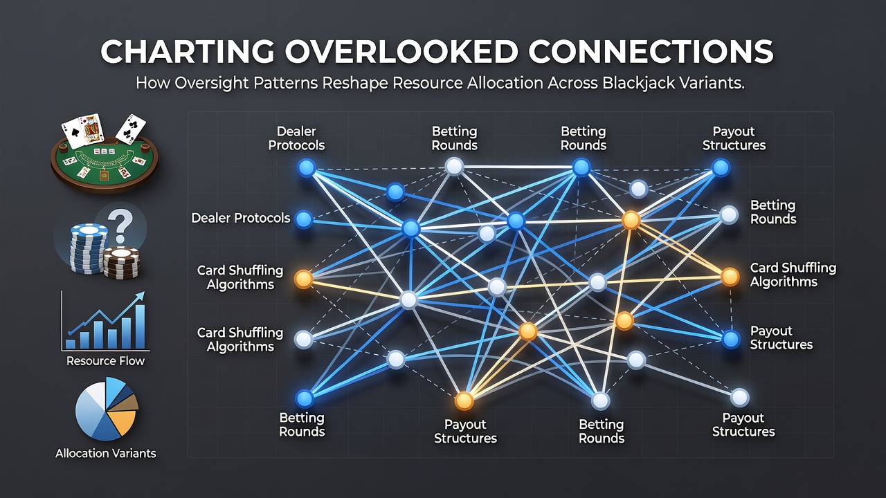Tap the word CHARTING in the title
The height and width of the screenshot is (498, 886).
187,52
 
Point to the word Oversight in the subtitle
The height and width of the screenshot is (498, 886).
206,84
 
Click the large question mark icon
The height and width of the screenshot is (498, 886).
120,225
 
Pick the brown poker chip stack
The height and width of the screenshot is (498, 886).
121,262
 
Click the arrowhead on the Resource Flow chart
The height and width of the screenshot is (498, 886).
140,297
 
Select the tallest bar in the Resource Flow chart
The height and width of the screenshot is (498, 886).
140,326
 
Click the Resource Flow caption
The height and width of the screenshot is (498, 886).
105,361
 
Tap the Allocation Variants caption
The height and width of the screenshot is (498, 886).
106,453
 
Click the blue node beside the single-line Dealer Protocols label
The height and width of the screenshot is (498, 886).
304,219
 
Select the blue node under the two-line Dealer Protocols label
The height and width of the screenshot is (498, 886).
307,167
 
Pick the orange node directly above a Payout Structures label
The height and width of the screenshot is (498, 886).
464,400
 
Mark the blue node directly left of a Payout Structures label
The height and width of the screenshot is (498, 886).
731,340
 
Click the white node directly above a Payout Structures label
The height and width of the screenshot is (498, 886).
739,398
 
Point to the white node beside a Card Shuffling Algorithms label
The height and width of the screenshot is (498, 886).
304,340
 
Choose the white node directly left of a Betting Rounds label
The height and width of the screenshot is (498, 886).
729,215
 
